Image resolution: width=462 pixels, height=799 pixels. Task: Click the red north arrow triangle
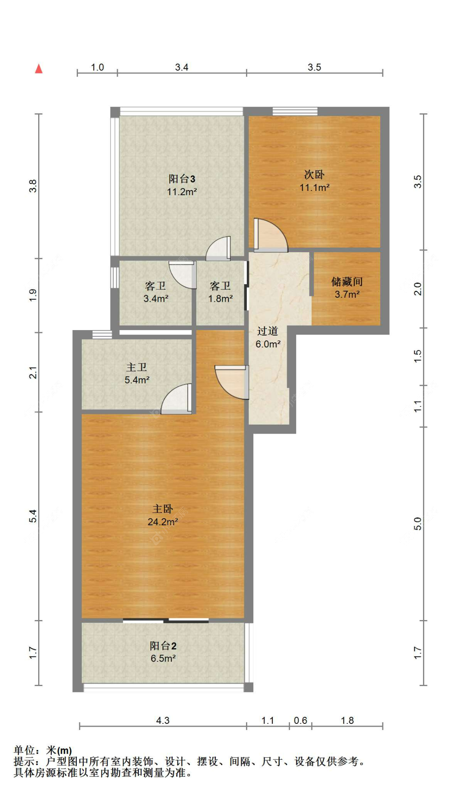click(39, 69)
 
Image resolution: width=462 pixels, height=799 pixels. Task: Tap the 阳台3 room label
click(182, 179)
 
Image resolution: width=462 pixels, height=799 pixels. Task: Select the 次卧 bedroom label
click(314, 174)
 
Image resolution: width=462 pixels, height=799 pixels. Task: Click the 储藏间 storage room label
click(347, 282)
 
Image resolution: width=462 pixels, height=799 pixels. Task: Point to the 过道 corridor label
click(268, 331)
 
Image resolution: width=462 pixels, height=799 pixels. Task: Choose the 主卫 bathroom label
click(137, 367)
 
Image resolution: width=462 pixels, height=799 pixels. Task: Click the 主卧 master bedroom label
click(163, 509)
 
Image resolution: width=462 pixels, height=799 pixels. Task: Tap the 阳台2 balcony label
click(163, 646)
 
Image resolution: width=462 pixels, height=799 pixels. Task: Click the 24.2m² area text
click(163, 522)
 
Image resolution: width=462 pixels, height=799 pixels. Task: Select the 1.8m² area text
click(220, 298)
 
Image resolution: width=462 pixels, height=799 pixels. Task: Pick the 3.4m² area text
click(156, 298)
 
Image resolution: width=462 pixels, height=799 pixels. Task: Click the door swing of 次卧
click(271, 234)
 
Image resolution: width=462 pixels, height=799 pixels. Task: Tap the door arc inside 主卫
click(176, 399)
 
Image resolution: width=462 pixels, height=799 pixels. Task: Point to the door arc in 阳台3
click(218, 248)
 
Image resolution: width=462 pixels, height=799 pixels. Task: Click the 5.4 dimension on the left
click(33, 516)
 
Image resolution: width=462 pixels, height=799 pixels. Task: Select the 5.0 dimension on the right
click(418, 523)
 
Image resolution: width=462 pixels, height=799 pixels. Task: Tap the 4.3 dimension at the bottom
click(163, 721)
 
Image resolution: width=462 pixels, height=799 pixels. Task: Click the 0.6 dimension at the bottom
click(301, 721)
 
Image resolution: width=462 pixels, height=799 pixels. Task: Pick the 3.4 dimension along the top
click(182, 67)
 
